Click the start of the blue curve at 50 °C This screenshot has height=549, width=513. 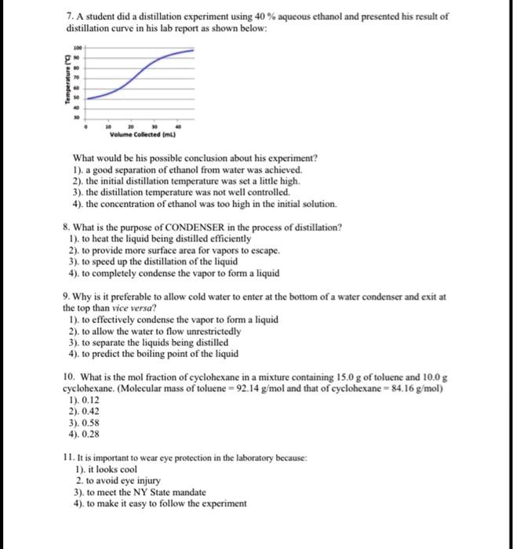88,98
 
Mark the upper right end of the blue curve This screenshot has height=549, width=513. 194,50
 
